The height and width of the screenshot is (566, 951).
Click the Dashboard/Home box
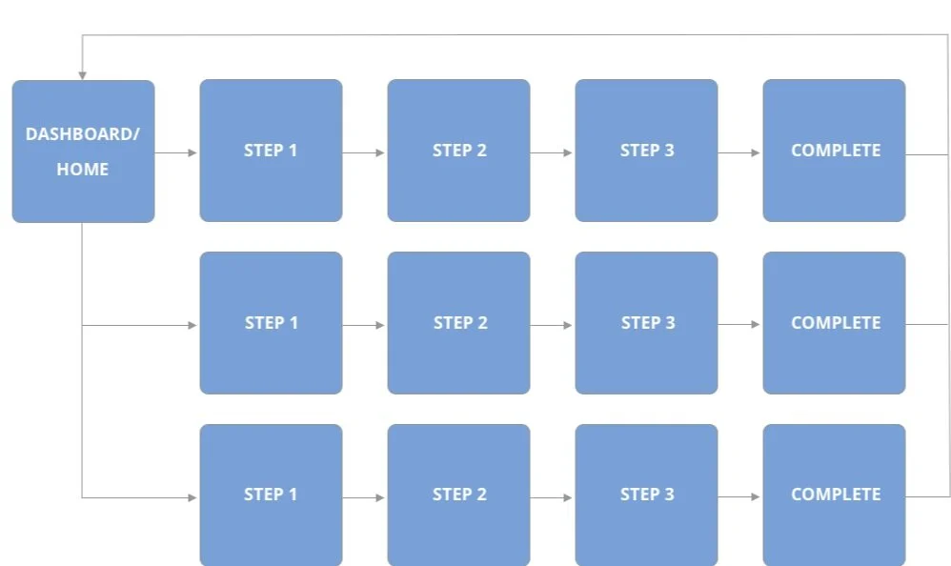[x=83, y=151]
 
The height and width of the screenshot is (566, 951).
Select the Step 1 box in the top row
[x=271, y=151]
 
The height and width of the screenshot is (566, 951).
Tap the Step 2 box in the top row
[x=458, y=151]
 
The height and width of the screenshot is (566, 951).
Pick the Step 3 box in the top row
[x=646, y=151]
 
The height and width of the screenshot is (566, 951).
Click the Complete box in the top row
[x=834, y=151]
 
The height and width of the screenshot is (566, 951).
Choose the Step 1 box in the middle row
[x=271, y=323]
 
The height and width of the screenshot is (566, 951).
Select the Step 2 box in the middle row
[x=458, y=323]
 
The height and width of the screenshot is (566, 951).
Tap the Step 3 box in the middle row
[x=646, y=323]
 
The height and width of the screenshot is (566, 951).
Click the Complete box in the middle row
[x=834, y=323]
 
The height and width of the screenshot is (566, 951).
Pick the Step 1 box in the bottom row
[x=271, y=495]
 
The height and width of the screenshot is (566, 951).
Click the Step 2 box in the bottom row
[x=458, y=495]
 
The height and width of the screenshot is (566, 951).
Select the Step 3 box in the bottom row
[x=646, y=495]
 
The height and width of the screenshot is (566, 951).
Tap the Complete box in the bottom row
[x=834, y=495]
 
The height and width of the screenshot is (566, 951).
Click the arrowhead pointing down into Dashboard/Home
[x=83, y=75]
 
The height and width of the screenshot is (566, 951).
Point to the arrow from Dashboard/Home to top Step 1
[x=176, y=152]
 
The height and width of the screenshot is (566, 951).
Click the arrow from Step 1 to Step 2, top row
[x=364, y=152]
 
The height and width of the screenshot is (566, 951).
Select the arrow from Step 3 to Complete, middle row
[x=739, y=325]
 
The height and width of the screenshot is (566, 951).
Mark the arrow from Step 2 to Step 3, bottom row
[x=552, y=497]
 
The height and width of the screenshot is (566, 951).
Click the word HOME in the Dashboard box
[x=83, y=170]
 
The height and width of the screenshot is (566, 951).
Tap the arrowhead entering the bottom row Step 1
[x=192, y=497]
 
